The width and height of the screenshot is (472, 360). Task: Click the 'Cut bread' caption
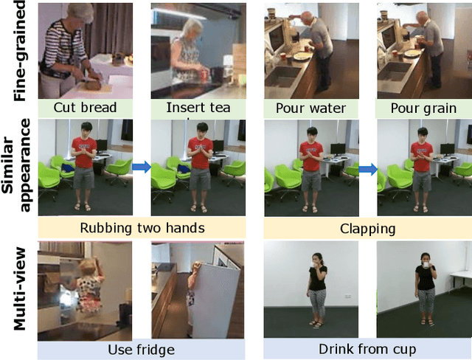click(x=86, y=108)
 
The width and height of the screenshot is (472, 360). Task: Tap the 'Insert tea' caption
click(x=198, y=108)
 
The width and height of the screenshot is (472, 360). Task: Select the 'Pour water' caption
click(x=311, y=108)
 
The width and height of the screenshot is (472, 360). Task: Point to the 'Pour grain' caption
click(x=423, y=108)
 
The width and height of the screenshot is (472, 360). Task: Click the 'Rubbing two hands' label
click(x=142, y=228)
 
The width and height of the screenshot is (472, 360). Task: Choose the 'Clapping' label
click(x=367, y=229)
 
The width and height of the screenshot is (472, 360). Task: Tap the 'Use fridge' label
click(x=141, y=350)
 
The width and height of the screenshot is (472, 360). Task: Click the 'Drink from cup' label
click(x=367, y=349)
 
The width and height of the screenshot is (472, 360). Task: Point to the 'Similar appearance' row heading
click(x=17, y=165)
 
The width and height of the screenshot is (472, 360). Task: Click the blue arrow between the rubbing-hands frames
click(x=142, y=167)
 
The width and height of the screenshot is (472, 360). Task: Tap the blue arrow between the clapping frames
click(x=368, y=170)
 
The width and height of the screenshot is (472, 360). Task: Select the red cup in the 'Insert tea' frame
click(x=204, y=77)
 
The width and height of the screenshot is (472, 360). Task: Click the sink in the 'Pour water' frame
click(x=282, y=76)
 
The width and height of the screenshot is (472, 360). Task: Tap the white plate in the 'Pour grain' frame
click(x=412, y=54)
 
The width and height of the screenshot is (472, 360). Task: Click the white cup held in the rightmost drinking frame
click(x=426, y=265)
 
